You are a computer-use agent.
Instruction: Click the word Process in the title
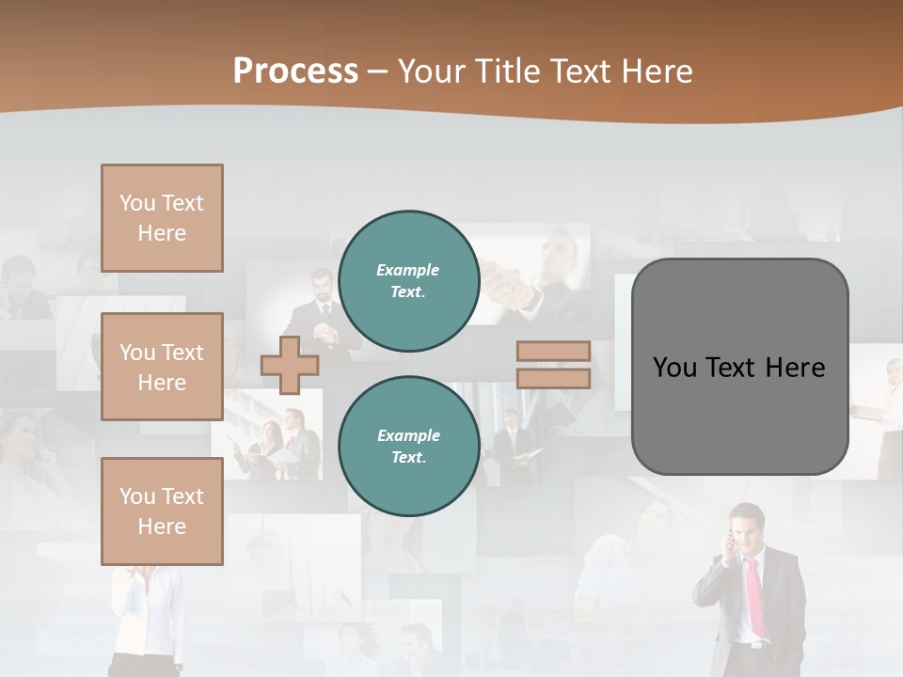pos(295,71)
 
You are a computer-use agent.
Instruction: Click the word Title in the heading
pos(505,71)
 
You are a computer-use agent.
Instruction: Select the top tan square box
pos(162,218)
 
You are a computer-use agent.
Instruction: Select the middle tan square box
pos(162,367)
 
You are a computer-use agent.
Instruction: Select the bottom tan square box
pos(162,512)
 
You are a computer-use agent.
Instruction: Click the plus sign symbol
pos(290,365)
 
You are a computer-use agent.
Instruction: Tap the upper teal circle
pos(409,281)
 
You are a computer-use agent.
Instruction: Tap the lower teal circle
pos(409,447)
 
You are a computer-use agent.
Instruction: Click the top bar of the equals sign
pos(554,352)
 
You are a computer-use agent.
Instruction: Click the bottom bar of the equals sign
pos(554,379)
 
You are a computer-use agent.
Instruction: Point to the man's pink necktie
pos(755,597)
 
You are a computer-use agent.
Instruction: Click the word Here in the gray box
pos(795,368)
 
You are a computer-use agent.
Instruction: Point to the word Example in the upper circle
pos(408,270)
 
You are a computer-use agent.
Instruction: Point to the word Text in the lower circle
pos(407,458)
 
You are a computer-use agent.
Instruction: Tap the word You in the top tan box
pos(137,203)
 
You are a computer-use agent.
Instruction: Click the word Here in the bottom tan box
pos(162,527)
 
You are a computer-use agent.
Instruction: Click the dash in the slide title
pos(378,71)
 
